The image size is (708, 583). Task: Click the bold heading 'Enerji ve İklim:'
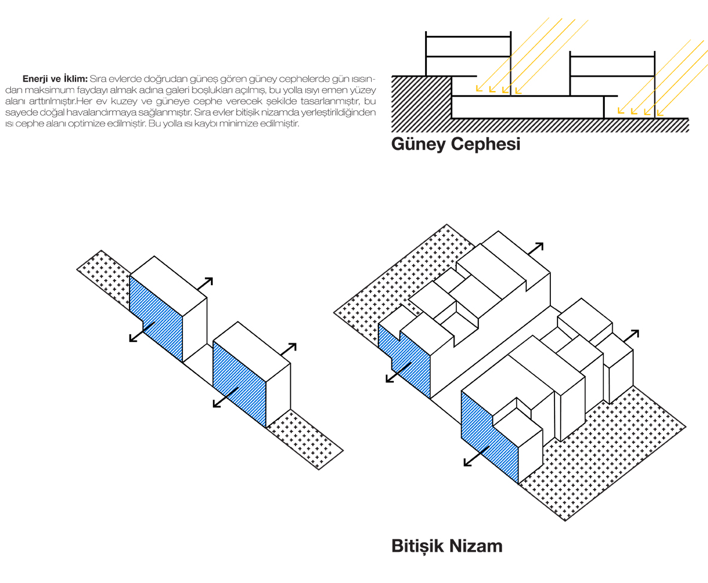[x=55, y=79]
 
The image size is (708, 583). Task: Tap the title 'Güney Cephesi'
[x=455, y=144]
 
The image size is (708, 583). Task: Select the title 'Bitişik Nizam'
[x=446, y=546]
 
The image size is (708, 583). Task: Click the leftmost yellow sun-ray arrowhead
[x=478, y=90]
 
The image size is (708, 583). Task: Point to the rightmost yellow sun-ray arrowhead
[x=659, y=113]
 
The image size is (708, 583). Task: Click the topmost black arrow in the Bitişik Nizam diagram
[x=537, y=247]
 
